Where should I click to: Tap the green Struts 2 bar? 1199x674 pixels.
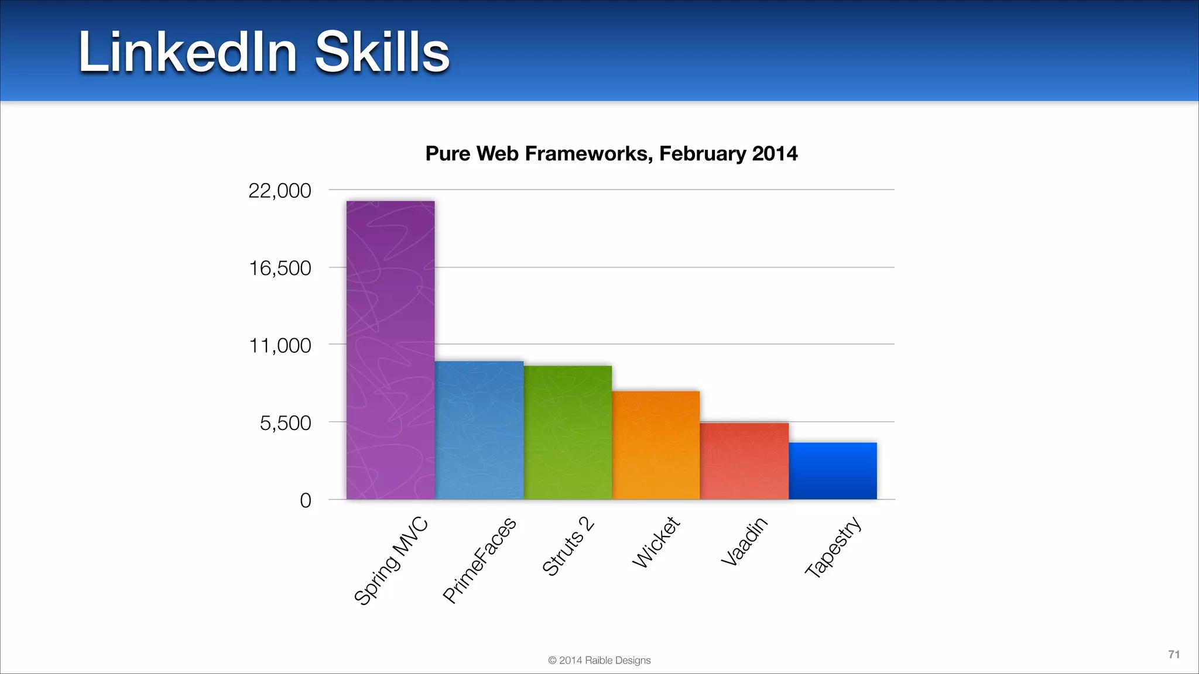click(x=568, y=432)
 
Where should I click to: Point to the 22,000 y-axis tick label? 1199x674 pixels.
click(x=280, y=191)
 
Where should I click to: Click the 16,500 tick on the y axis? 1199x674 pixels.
click(x=280, y=268)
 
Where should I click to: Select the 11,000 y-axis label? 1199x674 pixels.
click(x=280, y=345)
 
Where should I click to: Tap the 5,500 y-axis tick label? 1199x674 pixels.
click(x=285, y=423)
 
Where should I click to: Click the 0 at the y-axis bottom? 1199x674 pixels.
click(x=305, y=500)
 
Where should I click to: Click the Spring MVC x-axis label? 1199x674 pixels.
click(x=391, y=562)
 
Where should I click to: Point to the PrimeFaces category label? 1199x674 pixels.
click(x=479, y=560)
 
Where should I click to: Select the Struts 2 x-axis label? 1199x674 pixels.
click(x=568, y=546)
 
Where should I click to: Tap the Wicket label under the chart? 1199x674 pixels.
click(x=656, y=542)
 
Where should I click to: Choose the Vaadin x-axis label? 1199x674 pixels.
click(x=744, y=542)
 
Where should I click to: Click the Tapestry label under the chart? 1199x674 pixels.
click(x=833, y=547)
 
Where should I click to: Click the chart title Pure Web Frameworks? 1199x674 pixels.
click(x=611, y=153)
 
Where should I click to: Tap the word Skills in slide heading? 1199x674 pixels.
click(x=382, y=53)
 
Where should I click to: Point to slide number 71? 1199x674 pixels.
click(x=1174, y=654)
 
